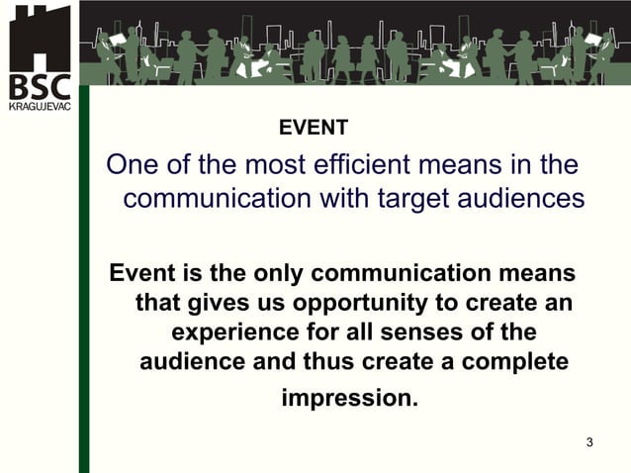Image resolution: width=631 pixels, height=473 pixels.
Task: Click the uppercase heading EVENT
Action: tap(314, 128)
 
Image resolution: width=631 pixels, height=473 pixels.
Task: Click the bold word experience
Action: tap(230, 331)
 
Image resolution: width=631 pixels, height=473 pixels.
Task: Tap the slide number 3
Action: tap(589, 441)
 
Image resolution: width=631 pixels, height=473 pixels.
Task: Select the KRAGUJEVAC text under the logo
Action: tap(40, 106)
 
